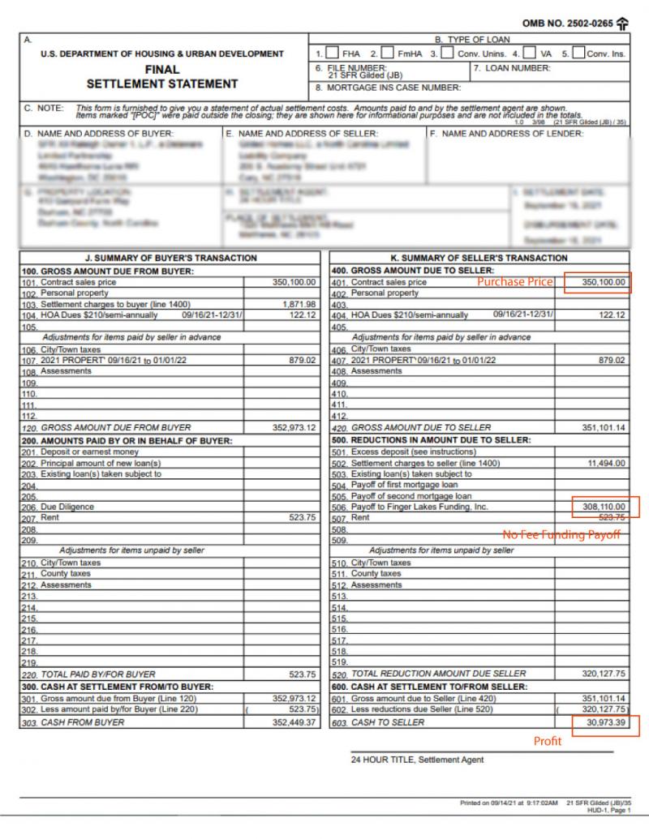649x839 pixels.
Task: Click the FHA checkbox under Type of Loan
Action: pos(333,54)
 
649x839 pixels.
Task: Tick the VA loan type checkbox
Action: pos(531,54)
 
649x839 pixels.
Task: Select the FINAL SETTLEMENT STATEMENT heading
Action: pos(162,76)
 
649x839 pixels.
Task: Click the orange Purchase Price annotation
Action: pos(514,282)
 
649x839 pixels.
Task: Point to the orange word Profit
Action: pos(547,741)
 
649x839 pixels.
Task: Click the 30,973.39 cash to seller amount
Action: pos(605,722)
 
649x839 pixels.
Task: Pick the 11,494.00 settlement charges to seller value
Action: pos(606,463)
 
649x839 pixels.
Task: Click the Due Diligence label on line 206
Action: pos(67,507)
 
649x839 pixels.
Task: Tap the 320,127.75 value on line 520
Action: pos(604,674)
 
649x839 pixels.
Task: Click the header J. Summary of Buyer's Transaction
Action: pos(170,258)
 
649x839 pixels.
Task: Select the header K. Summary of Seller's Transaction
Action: pos(479,258)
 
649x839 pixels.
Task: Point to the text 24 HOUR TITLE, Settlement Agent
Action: pos(417,760)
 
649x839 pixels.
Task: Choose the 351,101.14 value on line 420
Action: pos(604,427)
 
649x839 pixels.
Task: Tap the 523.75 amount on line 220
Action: pos(302,674)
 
